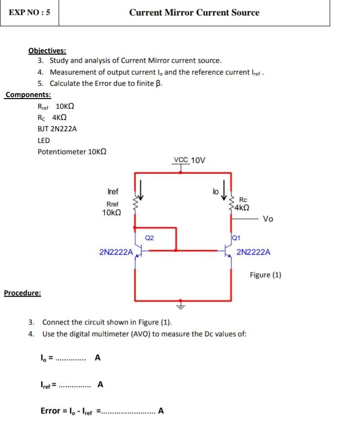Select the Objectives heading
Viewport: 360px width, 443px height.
[47, 51]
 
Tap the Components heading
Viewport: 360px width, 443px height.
[28, 95]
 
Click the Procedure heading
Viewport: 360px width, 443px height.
[22, 293]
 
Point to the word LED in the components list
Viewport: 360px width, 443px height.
[44, 140]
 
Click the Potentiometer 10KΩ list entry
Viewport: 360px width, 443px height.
[72, 151]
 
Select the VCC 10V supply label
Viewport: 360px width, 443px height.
[190, 160]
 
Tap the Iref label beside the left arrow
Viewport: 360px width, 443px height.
[112, 192]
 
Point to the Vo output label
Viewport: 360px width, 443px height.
[268, 219]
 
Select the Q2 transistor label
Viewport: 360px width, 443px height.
[149, 238]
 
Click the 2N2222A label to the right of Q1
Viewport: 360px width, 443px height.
[254, 252]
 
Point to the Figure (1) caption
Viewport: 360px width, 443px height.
[265, 275]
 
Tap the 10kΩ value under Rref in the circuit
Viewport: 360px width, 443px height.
[112, 213]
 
